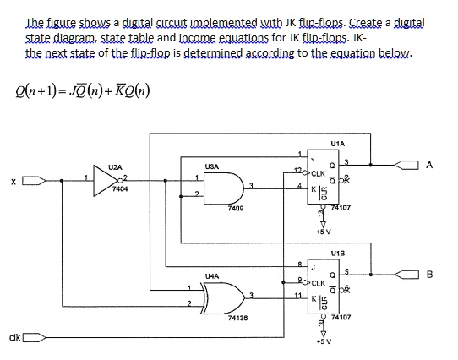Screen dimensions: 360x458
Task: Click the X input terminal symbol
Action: [32, 180]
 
